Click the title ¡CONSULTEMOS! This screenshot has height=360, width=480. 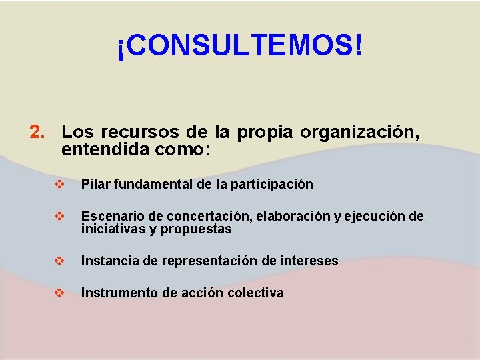240,46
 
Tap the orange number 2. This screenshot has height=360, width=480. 37,133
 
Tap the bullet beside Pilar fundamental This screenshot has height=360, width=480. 60,184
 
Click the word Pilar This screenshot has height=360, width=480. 95,184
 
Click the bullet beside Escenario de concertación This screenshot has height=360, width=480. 60,216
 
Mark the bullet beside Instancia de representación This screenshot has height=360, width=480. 60,261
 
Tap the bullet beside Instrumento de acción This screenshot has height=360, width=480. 60,293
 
